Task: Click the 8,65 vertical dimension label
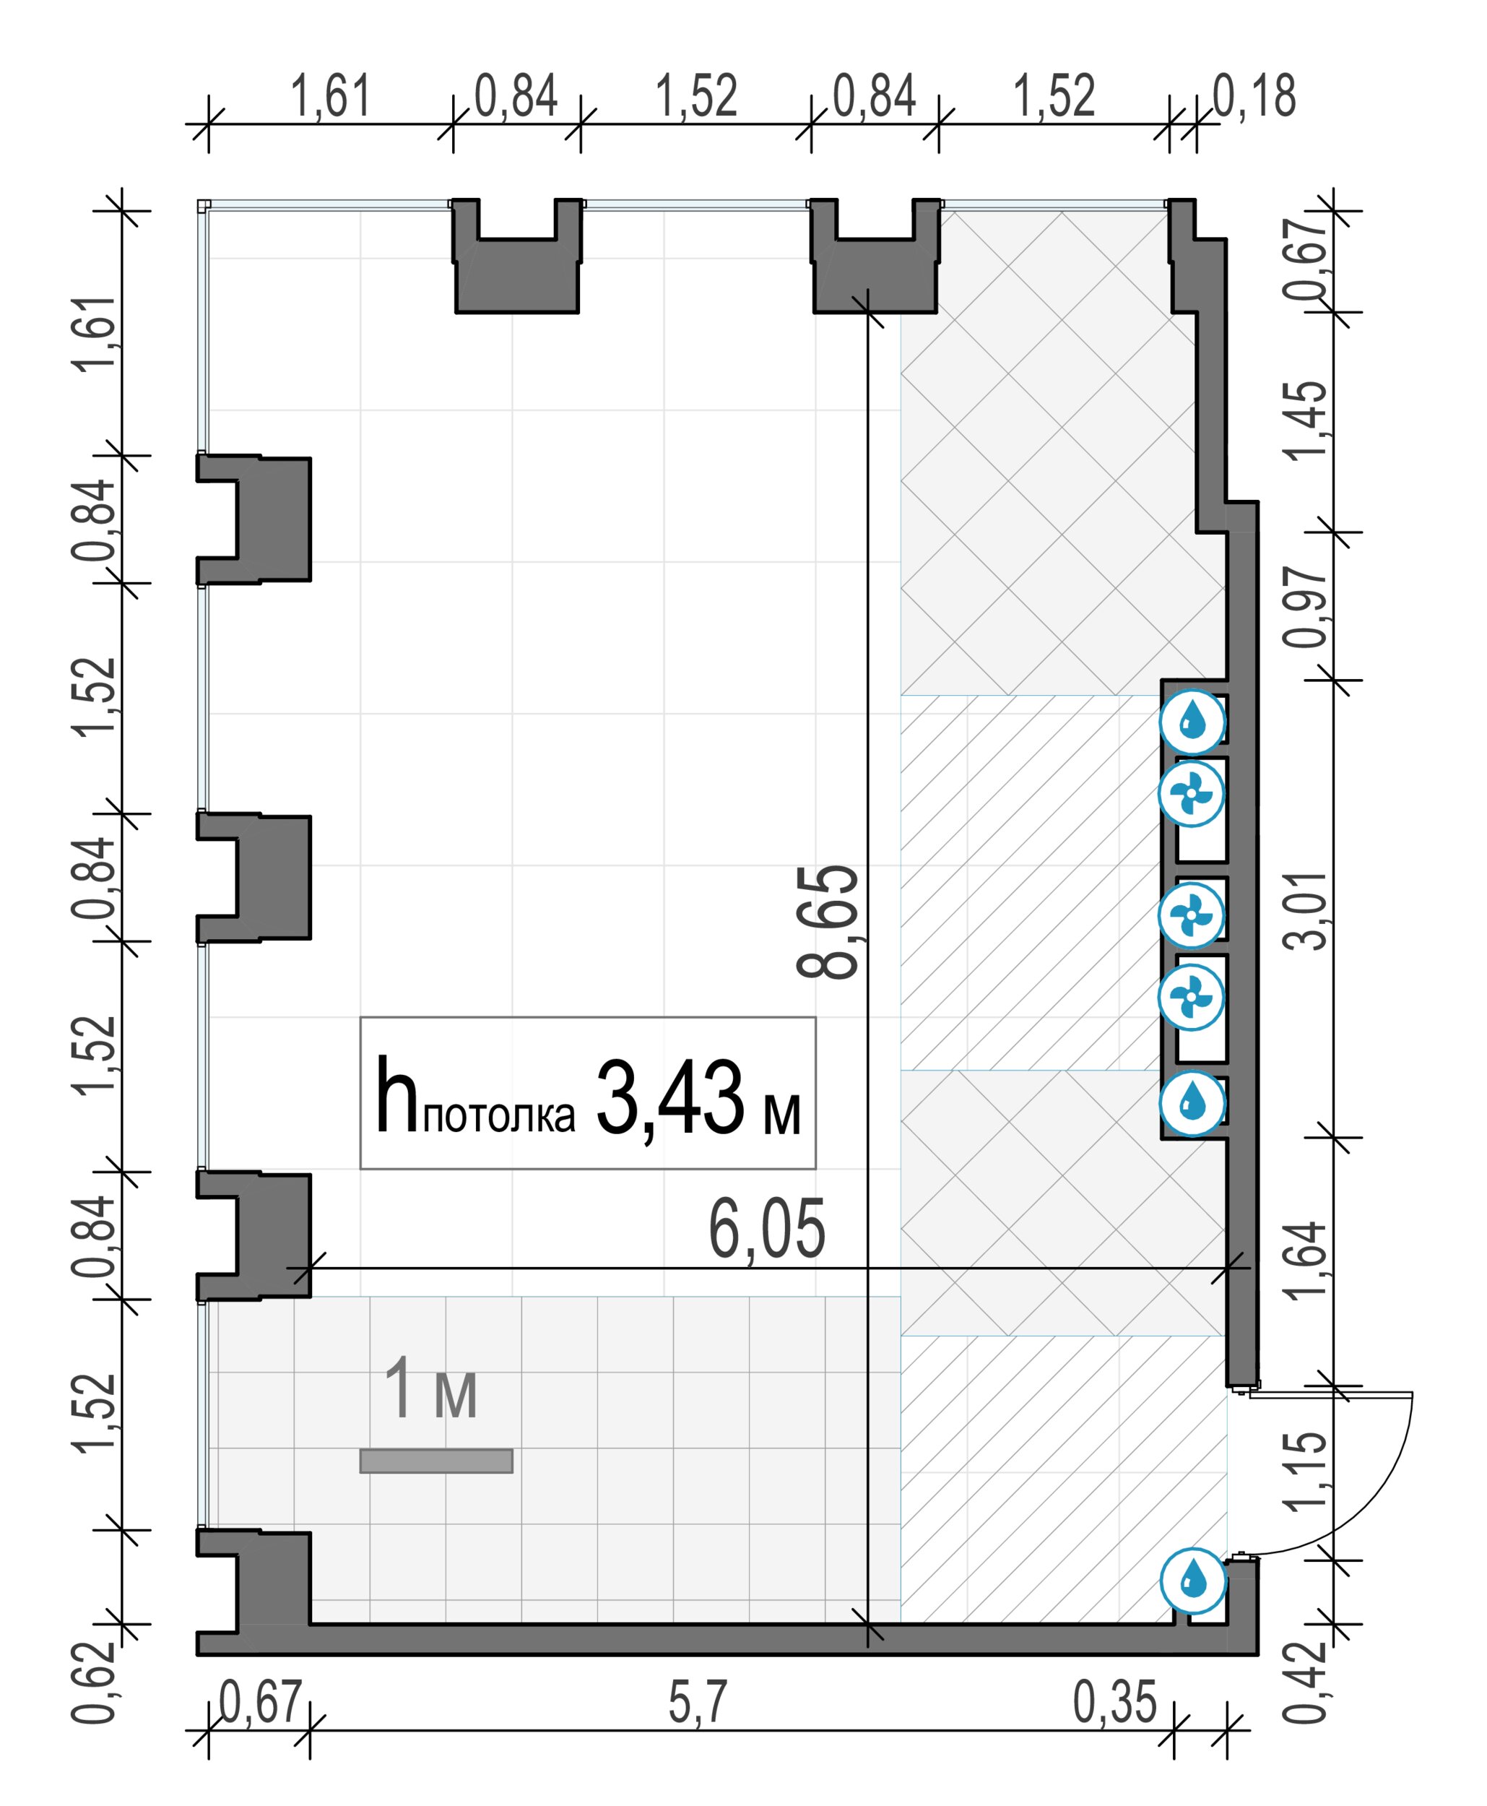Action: tap(827, 922)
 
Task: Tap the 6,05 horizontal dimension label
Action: tap(767, 1230)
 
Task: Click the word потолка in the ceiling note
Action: tap(498, 1115)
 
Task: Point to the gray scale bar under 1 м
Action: tap(436, 1461)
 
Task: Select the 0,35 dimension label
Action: tap(1114, 1702)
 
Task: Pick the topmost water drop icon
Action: tap(1192, 722)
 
